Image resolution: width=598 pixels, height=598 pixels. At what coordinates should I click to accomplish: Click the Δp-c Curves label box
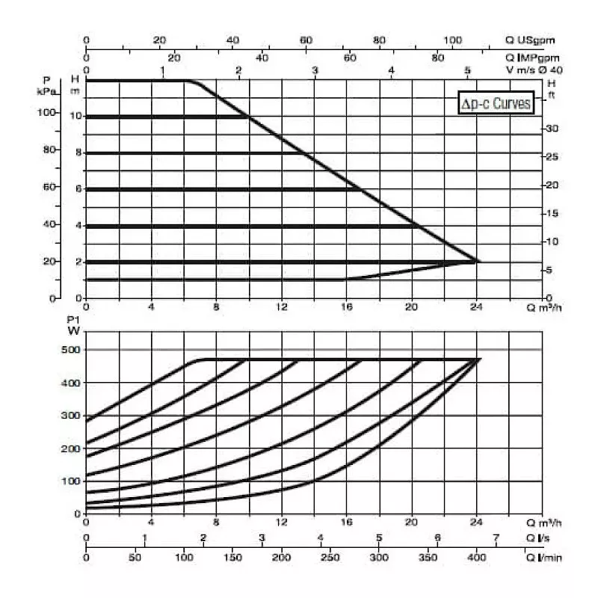[x=496, y=104]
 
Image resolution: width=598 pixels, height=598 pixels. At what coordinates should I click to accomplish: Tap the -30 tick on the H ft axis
[x=552, y=129]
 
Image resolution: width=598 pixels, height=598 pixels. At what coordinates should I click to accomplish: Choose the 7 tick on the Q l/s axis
[x=496, y=539]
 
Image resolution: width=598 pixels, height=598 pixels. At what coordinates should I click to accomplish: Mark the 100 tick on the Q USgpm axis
[x=453, y=40]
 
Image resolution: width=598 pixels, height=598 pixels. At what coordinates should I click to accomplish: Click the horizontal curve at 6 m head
[x=224, y=189]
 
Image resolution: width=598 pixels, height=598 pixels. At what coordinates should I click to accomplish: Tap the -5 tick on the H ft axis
[x=549, y=271]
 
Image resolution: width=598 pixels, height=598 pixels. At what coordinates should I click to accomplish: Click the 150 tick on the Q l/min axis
[x=233, y=557]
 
